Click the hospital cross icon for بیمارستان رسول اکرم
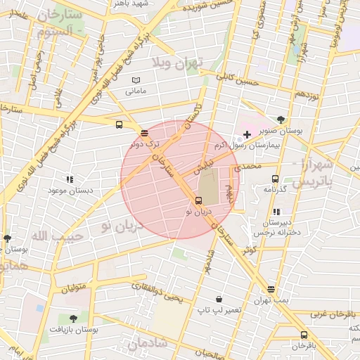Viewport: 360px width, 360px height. point(247,134)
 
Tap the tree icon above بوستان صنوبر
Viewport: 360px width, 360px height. point(281,120)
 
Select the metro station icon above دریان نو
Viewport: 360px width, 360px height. point(198,200)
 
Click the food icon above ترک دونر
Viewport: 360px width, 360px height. point(144,133)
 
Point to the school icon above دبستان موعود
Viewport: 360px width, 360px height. point(68,180)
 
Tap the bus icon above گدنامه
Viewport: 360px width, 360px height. point(274,179)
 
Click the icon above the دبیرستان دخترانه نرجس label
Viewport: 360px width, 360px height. point(276,212)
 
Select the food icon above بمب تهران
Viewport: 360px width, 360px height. point(271,290)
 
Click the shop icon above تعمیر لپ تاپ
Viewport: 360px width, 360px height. point(219,299)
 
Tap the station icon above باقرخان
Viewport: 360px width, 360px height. point(304,335)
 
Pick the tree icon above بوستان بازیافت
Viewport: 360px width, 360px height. point(73,318)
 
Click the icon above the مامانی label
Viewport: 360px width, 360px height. point(136,81)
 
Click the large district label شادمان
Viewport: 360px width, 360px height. point(148,343)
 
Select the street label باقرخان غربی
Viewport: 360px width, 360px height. point(335,314)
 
